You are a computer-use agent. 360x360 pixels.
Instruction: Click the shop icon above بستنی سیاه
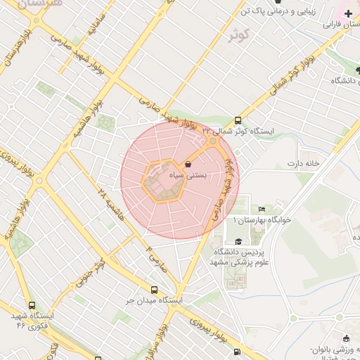188,165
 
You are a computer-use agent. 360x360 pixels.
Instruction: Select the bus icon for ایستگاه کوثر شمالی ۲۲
238,120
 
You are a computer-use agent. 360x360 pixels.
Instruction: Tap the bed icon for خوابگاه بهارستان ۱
262,209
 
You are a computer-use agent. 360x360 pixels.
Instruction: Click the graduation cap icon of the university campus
238,241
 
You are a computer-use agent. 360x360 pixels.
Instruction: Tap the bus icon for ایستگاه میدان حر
154,290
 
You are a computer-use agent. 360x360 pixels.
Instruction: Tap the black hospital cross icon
348,13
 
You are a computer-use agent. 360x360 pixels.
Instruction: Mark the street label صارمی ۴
153,257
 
